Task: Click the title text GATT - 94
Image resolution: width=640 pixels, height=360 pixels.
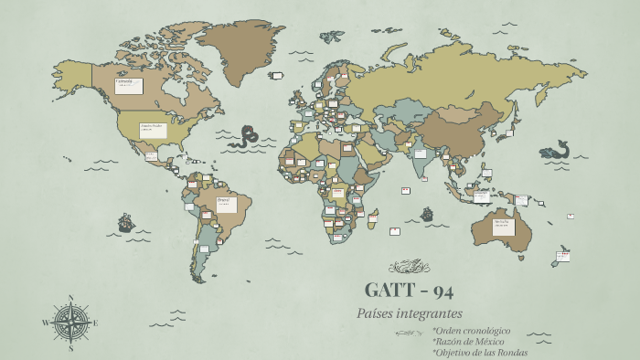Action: [409, 291]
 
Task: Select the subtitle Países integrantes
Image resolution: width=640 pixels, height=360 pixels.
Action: [410, 313]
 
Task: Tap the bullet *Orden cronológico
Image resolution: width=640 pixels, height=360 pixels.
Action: [471, 330]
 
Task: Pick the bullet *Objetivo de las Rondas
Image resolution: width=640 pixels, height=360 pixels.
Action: [479, 352]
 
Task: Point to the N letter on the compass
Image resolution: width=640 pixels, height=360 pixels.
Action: [70, 298]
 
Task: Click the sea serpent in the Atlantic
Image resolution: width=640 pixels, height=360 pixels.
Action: [243, 137]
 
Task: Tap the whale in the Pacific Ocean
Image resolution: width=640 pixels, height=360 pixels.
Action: [555, 150]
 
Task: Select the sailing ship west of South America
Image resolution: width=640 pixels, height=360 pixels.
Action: [126, 222]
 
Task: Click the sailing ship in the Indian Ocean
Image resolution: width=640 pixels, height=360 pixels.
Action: [426, 215]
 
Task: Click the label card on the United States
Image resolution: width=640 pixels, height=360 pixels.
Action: [153, 130]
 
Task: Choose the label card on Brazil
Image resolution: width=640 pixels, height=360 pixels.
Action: [225, 202]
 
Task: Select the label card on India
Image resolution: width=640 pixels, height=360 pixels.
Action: [420, 154]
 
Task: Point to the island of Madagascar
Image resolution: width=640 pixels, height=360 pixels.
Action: [372, 217]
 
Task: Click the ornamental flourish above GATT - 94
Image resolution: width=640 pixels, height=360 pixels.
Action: [409, 267]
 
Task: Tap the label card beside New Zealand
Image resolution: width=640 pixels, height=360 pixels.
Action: [563, 256]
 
